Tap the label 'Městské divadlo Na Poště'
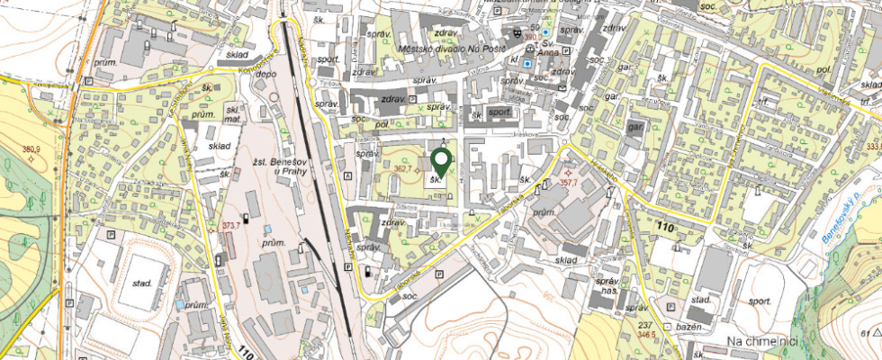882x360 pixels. pyautogui.click(x=462, y=49)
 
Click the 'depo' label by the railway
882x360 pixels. pyautogui.click(x=266, y=75)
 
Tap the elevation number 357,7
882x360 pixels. pyautogui.click(x=568, y=181)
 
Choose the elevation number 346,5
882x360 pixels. pyautogui.click(x=647, y=334)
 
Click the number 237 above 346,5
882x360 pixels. pyautogui.click(x=644, y=324)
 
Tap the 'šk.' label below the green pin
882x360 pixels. pyautogui.click(x=437, y=179)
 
